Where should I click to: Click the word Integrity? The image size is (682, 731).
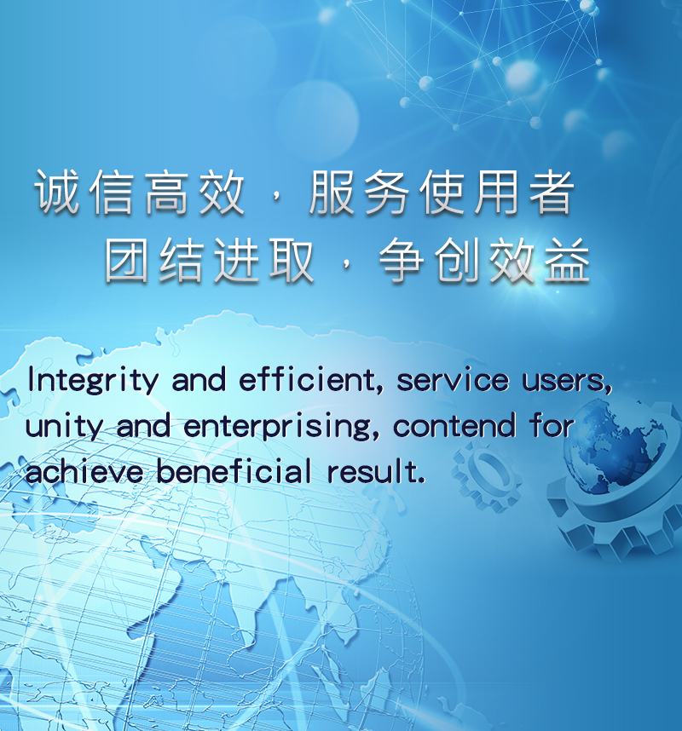93,381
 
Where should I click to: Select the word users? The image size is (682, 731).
566,382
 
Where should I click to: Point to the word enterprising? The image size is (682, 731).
281,427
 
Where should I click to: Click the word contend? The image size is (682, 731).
454,425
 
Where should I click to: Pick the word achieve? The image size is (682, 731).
84,471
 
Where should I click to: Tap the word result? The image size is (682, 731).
376,471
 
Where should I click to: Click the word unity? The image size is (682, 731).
64,427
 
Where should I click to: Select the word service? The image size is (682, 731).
453,381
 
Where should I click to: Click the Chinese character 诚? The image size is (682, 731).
57,192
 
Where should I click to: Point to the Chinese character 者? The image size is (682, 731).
552,192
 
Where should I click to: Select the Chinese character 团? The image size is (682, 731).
127,260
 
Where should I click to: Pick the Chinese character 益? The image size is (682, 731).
567,260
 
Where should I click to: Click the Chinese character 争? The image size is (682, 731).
402,260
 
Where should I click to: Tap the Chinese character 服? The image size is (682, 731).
332,192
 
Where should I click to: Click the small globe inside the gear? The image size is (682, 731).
616,445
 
